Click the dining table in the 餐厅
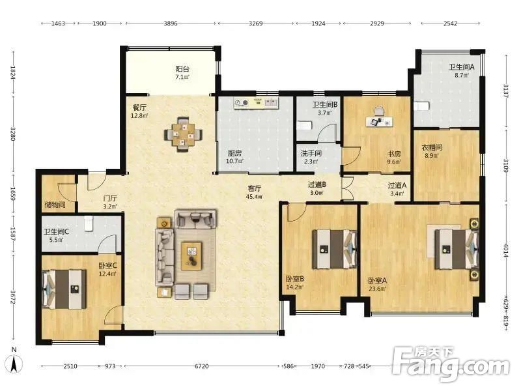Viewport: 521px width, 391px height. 183,135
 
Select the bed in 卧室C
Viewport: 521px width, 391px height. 64,289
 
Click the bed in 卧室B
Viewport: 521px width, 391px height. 334,249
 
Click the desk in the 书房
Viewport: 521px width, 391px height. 380,122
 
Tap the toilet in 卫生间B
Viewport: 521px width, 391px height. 303,125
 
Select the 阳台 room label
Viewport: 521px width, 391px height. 182,69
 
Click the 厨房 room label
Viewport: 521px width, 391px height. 234,153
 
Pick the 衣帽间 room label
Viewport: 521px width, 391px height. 432,147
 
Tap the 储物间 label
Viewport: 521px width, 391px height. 55,205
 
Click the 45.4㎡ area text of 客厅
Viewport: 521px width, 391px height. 255,197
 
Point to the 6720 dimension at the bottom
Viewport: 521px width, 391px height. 202,366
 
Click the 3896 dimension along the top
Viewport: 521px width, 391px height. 171,23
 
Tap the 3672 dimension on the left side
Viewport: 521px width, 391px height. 13,297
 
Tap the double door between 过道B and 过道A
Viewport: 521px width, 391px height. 347,188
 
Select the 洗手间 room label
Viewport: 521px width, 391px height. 311,153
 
